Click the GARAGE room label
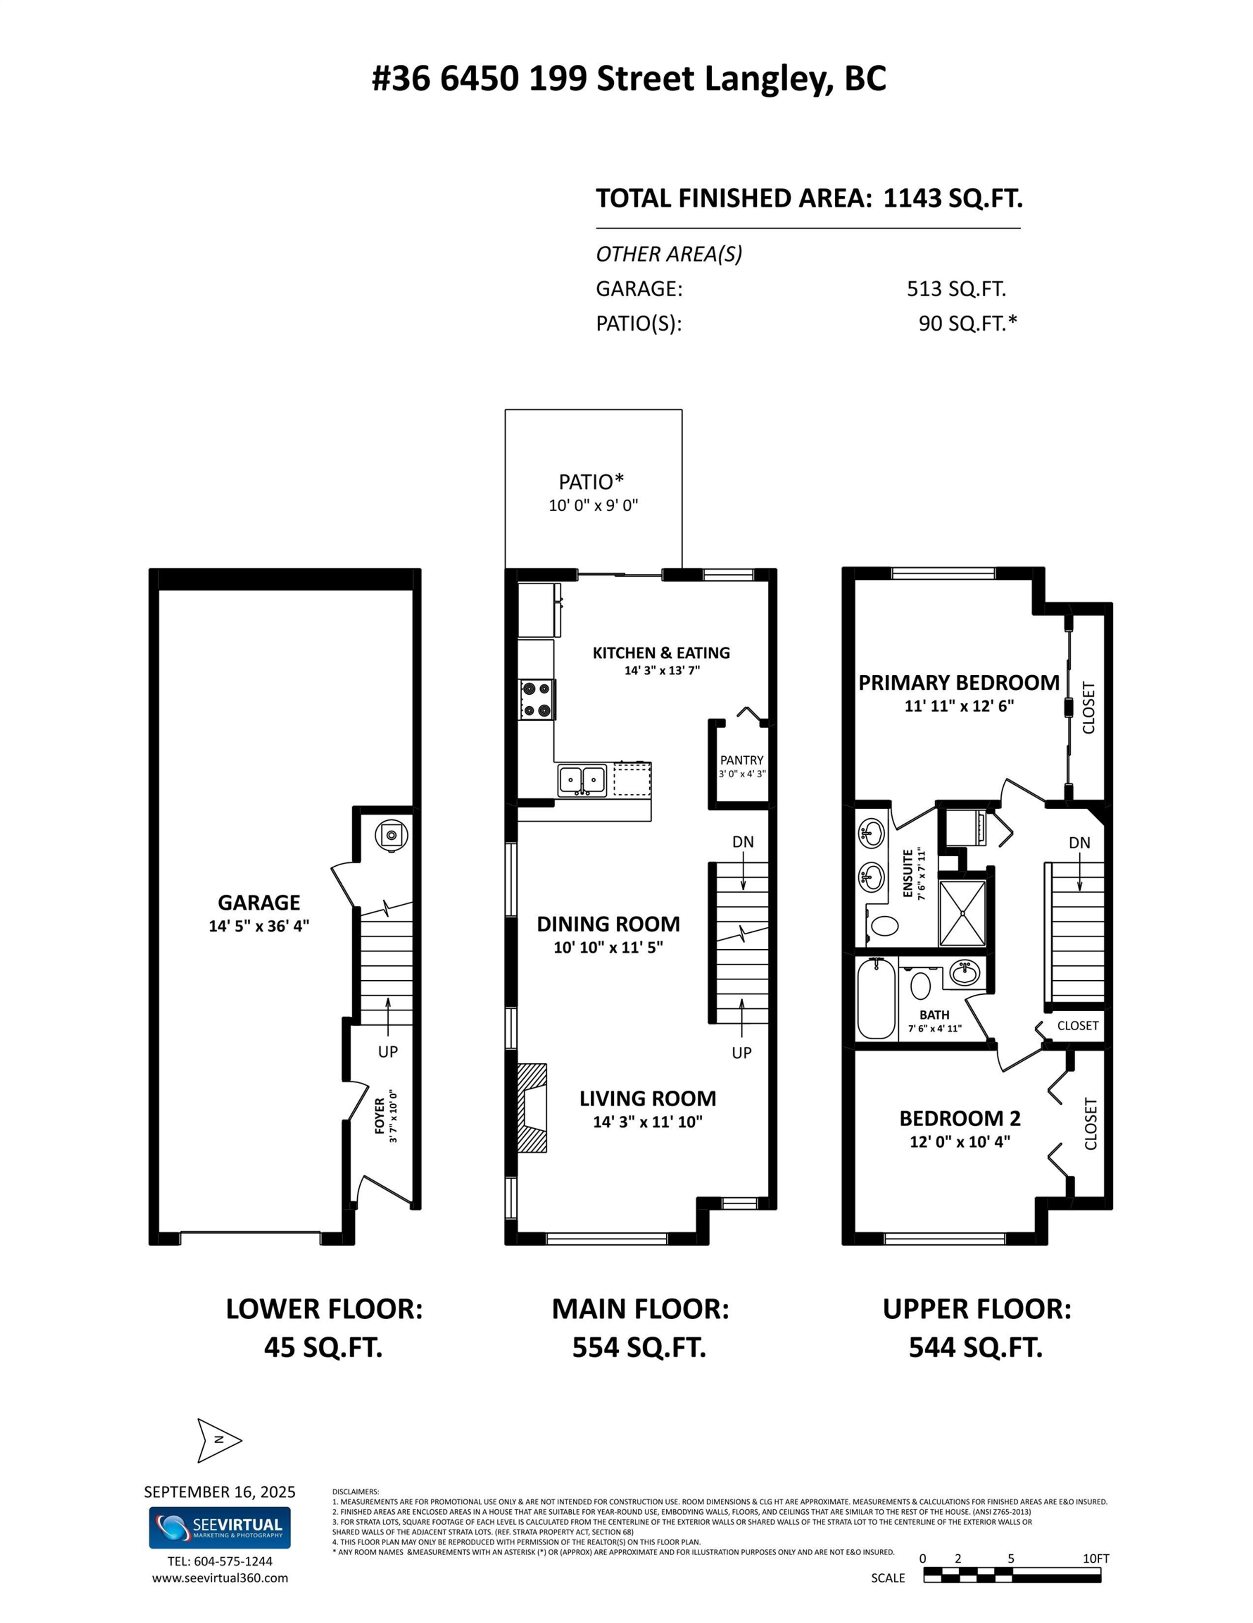[x=258, y=902]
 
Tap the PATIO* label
[x=591, y=482]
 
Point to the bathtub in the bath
[x=876, y=1000]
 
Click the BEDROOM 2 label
[x=960, y=1118]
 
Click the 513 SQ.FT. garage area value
[x=956, y=289]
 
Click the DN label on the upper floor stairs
[x=1079, y=843]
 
